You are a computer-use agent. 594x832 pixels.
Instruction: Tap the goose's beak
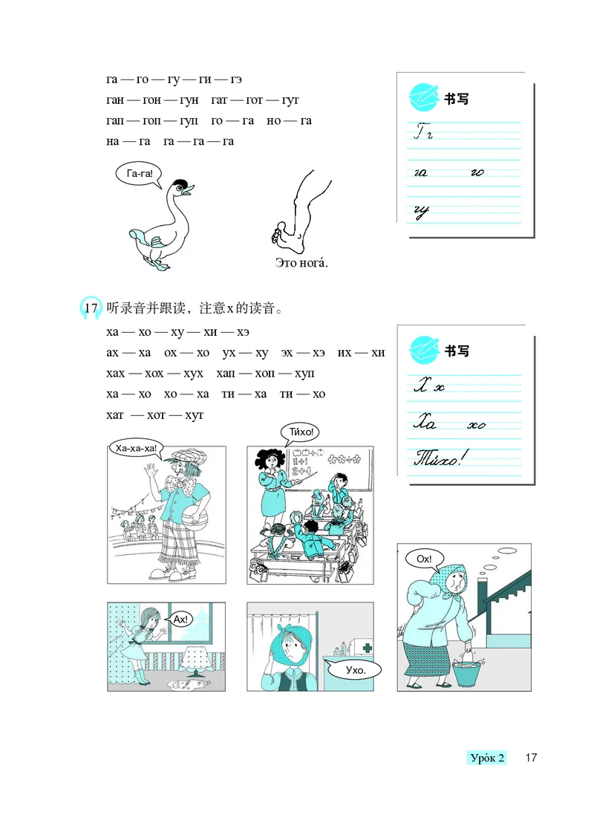coord(188,191)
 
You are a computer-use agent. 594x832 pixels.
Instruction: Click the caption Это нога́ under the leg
coord(301,263)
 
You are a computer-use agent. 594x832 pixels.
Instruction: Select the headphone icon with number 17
coord(91,308)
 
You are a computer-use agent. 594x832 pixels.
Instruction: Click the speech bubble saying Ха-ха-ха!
coord(137,447)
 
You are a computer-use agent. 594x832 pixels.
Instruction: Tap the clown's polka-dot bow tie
coord(183,487)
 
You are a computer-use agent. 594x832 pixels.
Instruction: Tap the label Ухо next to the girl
coord(353,670)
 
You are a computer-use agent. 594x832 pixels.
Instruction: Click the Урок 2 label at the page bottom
coord(487,758)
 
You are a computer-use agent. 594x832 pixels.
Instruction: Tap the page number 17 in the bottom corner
coord(530,758)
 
